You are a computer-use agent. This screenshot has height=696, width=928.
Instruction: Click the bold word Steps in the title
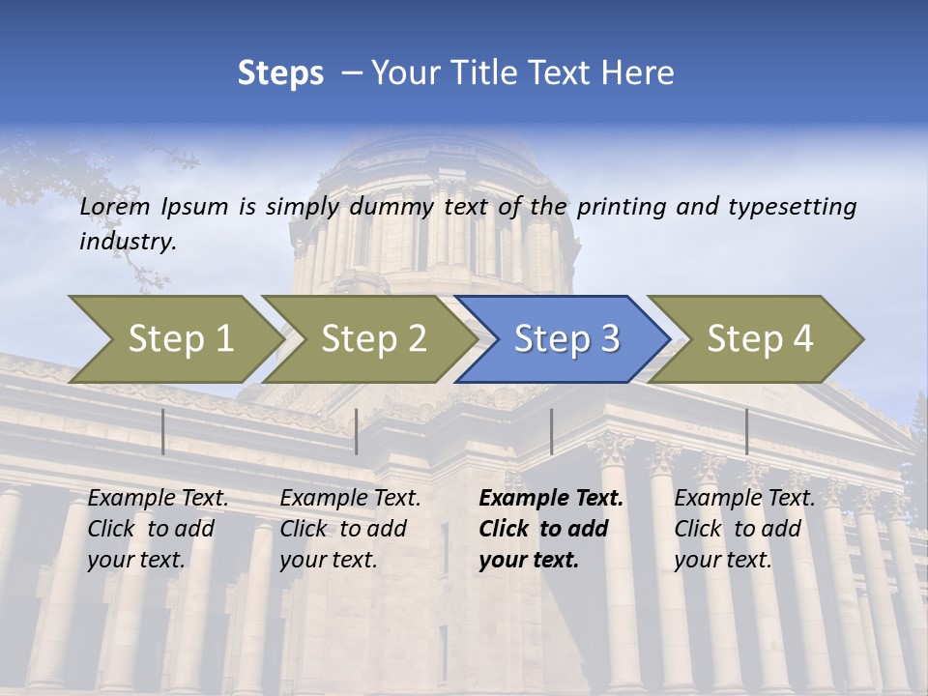point(280,73)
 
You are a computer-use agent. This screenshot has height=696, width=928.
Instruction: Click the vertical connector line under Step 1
point(163,431)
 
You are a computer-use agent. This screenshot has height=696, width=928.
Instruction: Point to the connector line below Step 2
point(357,431)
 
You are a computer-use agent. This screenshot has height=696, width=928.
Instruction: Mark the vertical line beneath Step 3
point(551,431)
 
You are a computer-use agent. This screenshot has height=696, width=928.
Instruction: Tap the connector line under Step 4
point(746,431)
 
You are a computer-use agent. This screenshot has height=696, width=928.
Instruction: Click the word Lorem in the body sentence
point(115,206)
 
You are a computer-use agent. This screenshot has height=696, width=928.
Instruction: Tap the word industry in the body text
point(127,242)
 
